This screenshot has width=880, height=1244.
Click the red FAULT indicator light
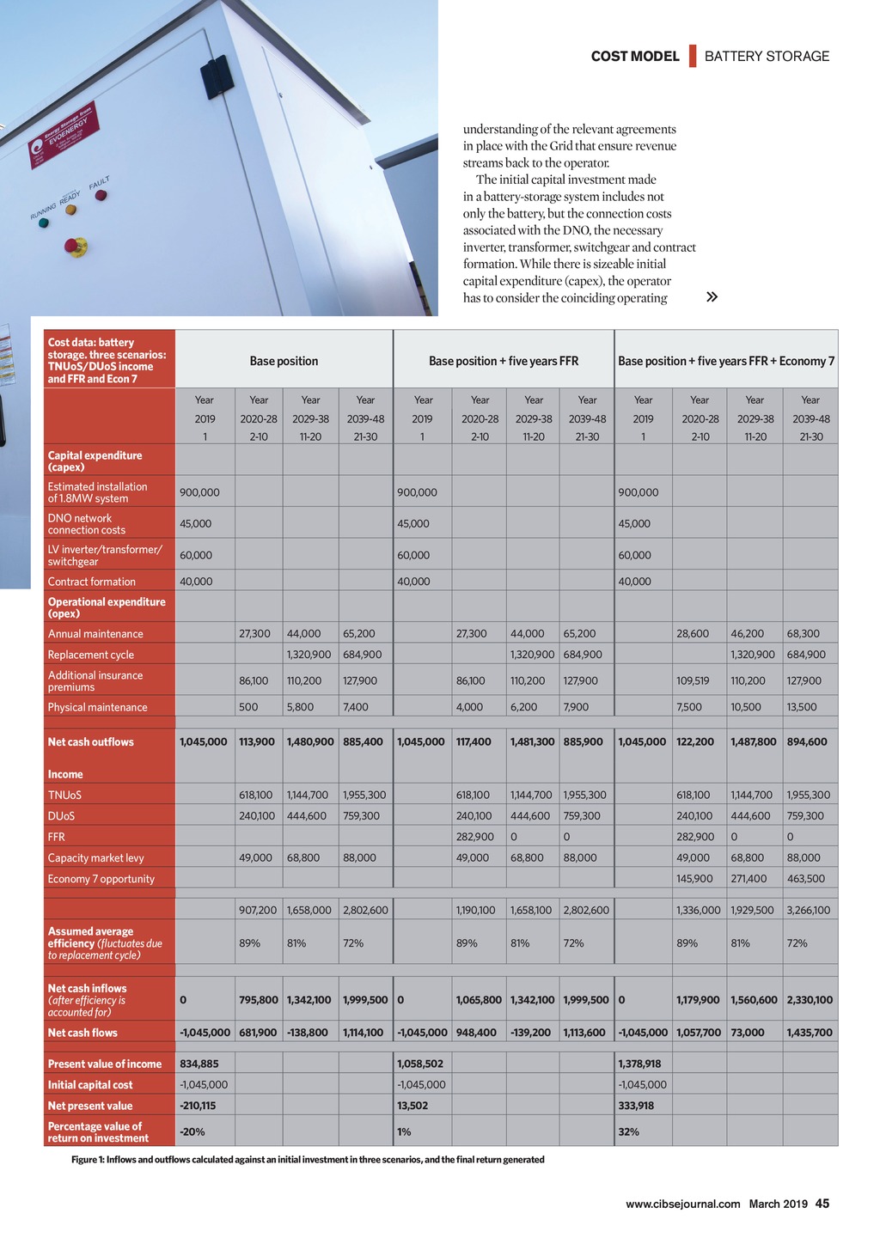click(x=101, y=195)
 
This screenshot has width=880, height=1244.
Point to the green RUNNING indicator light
click(x=44, y=223)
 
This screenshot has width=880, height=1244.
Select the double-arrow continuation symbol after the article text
click(x=712, y=297)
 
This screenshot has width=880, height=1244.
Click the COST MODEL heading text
click(x=635, y=57)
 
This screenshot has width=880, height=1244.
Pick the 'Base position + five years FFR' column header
click(x=504, y=361)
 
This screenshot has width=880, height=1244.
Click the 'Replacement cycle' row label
click(x=91, y=655)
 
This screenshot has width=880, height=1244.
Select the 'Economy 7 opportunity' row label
click(x=101, y=879)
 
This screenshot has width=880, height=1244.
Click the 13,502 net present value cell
click(x=412, y=1106)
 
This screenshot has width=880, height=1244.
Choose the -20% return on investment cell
click(x=192, y=1131)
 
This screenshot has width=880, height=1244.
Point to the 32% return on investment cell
click(x=628, y=1131)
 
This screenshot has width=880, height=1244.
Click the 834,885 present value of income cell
click(x=199, y=1064)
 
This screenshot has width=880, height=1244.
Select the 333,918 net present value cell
click(x=636, y=1106)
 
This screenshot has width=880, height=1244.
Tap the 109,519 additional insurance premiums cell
click(x=693, y=680)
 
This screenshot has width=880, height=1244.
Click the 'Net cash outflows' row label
click(x=91, y=742)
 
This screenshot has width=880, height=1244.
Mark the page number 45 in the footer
click(x=822, y=1204)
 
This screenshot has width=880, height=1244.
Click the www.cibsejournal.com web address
click(x=682, y=1204)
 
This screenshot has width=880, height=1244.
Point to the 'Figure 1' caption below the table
click(x=308, y=1160)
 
